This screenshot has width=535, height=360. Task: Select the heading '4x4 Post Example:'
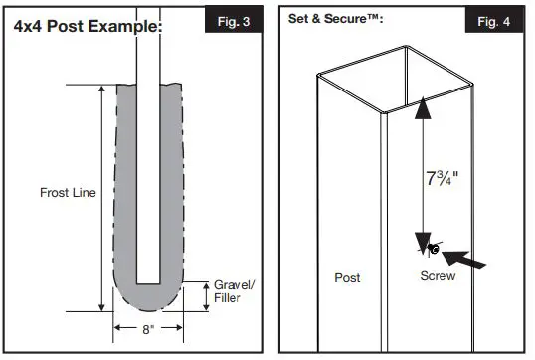(88, 26)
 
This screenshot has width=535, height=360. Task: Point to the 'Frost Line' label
(68, 192)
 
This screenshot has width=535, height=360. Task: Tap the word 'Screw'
(438, 276)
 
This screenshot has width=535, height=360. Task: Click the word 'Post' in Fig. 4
(347, 278)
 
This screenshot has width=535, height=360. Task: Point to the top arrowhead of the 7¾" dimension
(425, 106)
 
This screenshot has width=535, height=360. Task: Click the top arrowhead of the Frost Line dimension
(100, 90)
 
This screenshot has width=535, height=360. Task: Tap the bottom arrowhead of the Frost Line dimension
(100, 307)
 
